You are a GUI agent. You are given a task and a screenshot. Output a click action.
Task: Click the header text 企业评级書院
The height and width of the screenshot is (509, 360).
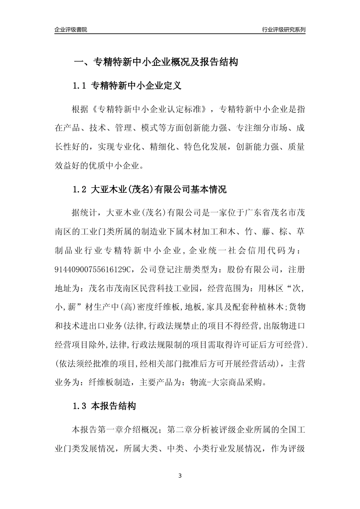coord(71,30)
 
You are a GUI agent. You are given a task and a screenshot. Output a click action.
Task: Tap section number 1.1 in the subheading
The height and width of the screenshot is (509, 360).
coord(80,86)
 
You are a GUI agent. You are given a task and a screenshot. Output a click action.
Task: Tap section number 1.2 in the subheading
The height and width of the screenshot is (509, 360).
coord(80,189)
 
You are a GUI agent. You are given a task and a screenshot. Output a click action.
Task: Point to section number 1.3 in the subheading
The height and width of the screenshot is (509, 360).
coord(80,406)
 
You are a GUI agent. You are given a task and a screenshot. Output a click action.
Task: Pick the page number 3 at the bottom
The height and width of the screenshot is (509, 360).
coord(180,476)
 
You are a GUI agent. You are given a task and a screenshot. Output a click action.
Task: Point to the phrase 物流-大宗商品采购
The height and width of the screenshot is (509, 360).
coord(226,383)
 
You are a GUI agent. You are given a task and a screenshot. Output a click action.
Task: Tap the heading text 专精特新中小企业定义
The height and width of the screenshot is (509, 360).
coord(137,86)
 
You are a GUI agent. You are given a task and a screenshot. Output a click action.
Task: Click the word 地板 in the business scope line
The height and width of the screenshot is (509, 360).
coord(193,307)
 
